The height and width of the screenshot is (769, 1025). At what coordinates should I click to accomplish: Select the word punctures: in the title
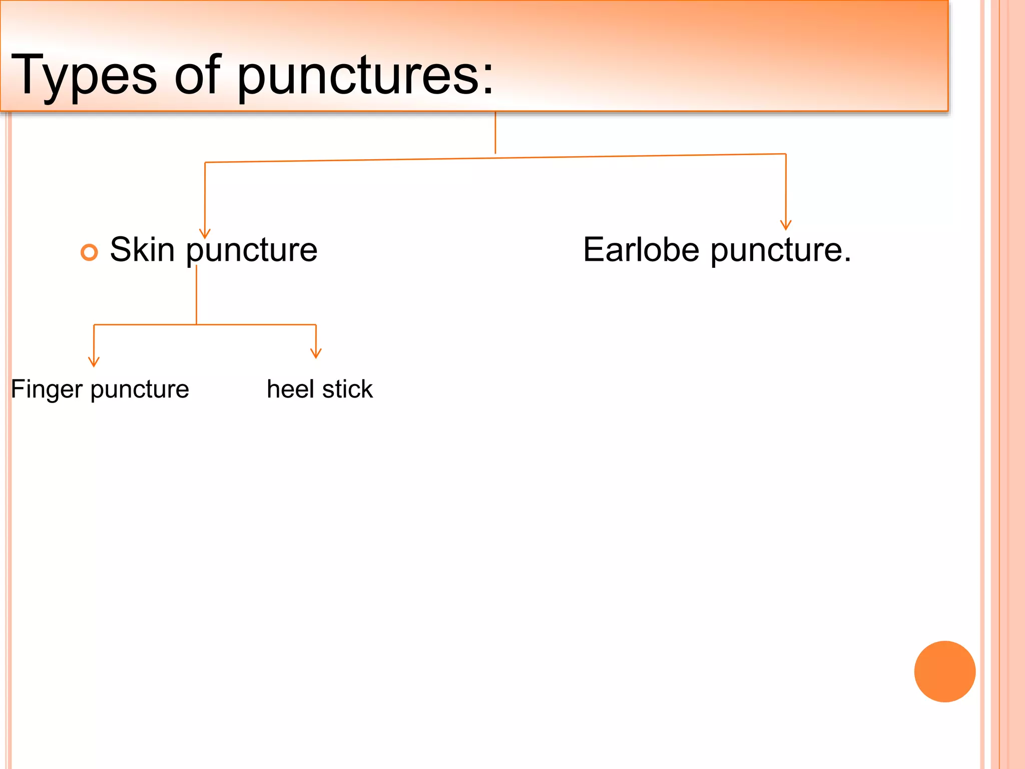(365, 75)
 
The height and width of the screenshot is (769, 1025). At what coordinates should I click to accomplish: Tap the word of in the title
(197, 75)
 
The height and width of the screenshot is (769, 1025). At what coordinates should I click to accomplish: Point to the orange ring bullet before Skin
(89, 252)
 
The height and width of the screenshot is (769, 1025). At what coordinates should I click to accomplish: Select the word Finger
(47, 390)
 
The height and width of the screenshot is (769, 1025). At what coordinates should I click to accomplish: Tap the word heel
(290, 389)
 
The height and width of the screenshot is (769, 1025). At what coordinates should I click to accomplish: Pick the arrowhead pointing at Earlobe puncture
(786, 225)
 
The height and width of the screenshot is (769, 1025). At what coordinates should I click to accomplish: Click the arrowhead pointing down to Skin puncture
(205, 234)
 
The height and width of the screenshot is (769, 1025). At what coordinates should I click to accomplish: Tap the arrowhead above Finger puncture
(94, 362)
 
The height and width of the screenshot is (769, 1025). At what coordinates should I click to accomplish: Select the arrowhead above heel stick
(316, 353)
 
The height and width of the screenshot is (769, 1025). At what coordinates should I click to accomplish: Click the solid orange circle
(944, 671)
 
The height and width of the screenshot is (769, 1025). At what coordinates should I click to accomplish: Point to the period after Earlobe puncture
(847, 260)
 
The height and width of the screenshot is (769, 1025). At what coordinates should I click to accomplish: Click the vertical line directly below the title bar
(495, 133)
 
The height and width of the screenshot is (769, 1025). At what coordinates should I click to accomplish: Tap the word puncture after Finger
(140, 390)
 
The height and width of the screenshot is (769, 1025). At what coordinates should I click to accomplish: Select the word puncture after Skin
(252, 250)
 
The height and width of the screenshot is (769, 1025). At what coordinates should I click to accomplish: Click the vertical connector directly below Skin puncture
(196, 295)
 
